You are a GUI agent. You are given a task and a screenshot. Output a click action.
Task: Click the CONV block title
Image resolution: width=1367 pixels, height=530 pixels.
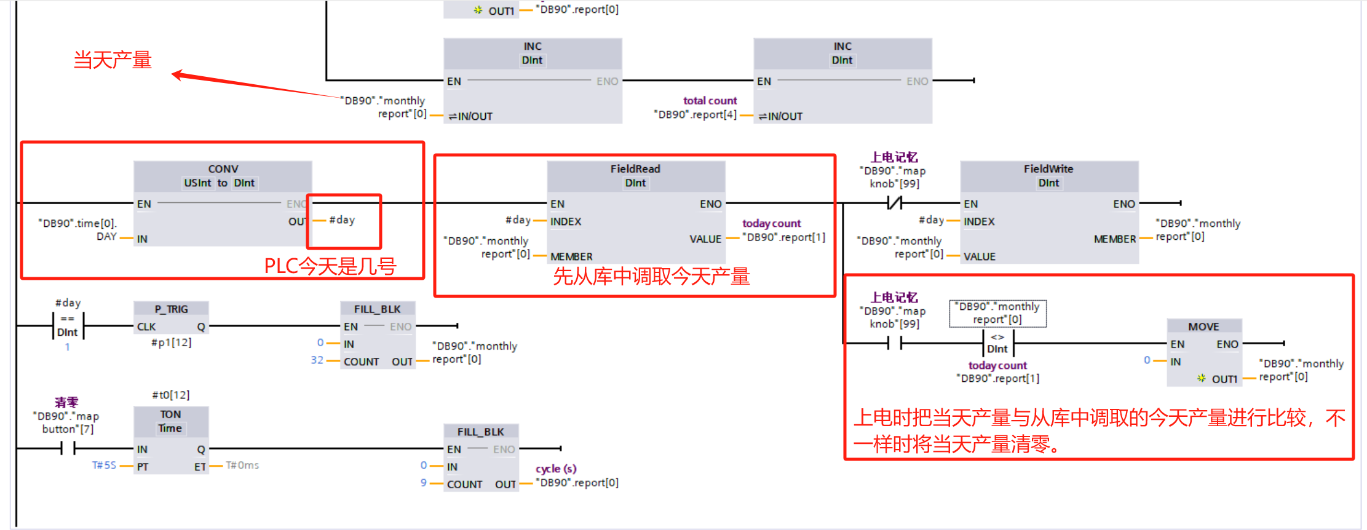(223, 169)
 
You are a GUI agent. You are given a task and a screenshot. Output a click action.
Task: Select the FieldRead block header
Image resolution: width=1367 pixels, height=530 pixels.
(635, 169)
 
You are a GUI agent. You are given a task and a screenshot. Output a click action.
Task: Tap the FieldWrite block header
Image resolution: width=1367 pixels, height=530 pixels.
(1048, 169)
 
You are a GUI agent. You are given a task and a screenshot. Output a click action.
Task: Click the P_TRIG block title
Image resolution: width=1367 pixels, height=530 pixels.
(171, 309)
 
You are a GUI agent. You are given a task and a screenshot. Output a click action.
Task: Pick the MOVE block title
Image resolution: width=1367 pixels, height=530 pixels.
(1203, 326)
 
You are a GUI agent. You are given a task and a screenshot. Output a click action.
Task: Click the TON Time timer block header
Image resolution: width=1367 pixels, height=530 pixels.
(170, 421)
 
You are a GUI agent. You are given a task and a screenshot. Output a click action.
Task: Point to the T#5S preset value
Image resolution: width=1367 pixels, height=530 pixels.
(104, 465)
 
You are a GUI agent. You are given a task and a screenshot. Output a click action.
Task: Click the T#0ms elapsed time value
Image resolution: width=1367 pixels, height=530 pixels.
(242, 465)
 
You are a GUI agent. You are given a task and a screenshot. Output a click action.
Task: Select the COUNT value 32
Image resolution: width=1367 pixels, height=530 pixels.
(317, 360)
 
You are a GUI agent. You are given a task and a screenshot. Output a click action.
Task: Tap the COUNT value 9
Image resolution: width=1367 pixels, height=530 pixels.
(424, 483)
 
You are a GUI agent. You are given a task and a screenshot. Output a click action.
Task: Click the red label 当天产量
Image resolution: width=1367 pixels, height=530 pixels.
(113, 60)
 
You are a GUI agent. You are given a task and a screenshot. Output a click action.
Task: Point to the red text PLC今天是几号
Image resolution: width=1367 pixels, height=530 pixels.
(330, 266)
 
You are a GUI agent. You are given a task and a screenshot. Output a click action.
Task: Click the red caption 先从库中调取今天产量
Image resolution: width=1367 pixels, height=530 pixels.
(651, 277)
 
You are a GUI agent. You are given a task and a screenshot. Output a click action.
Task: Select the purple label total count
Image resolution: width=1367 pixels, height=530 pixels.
(710, 101)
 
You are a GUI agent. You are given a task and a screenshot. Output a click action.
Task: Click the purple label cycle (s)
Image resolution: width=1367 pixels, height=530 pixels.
(556, 469)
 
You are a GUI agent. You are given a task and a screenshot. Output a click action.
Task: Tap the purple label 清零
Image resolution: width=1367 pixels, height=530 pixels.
(66, 403)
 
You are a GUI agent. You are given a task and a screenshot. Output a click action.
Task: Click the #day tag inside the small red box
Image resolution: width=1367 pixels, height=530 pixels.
(342, 220)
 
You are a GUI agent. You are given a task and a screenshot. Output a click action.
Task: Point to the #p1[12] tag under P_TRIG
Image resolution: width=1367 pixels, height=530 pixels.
(172, 342)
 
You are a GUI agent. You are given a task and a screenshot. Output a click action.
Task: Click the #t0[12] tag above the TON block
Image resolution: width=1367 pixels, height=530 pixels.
(171, 395)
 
